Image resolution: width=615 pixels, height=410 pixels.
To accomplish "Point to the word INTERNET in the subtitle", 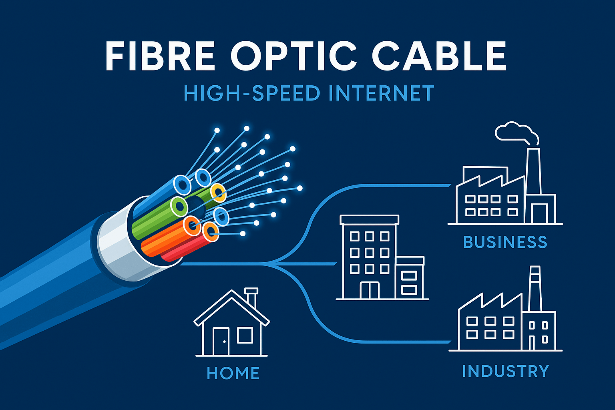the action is [381, 93].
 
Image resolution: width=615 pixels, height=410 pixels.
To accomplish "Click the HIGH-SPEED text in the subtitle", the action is [251, 93].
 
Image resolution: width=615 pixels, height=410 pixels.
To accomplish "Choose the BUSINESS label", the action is [505, 242].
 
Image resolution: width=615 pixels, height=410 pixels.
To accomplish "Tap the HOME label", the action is [233, 373].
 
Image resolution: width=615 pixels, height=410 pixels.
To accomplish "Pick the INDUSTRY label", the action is [505, 371].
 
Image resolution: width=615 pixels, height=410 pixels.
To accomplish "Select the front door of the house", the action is [221, 341].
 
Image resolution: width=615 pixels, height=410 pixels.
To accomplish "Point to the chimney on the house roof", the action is [251, 296].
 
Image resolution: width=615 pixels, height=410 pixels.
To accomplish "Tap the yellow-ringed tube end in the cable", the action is [218, 193].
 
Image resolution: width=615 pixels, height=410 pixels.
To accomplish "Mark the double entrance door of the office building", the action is [370, 290].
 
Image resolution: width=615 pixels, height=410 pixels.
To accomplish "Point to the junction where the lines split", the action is [276, 264].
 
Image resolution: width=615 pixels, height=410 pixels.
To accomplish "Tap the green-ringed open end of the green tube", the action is [179, 207].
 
